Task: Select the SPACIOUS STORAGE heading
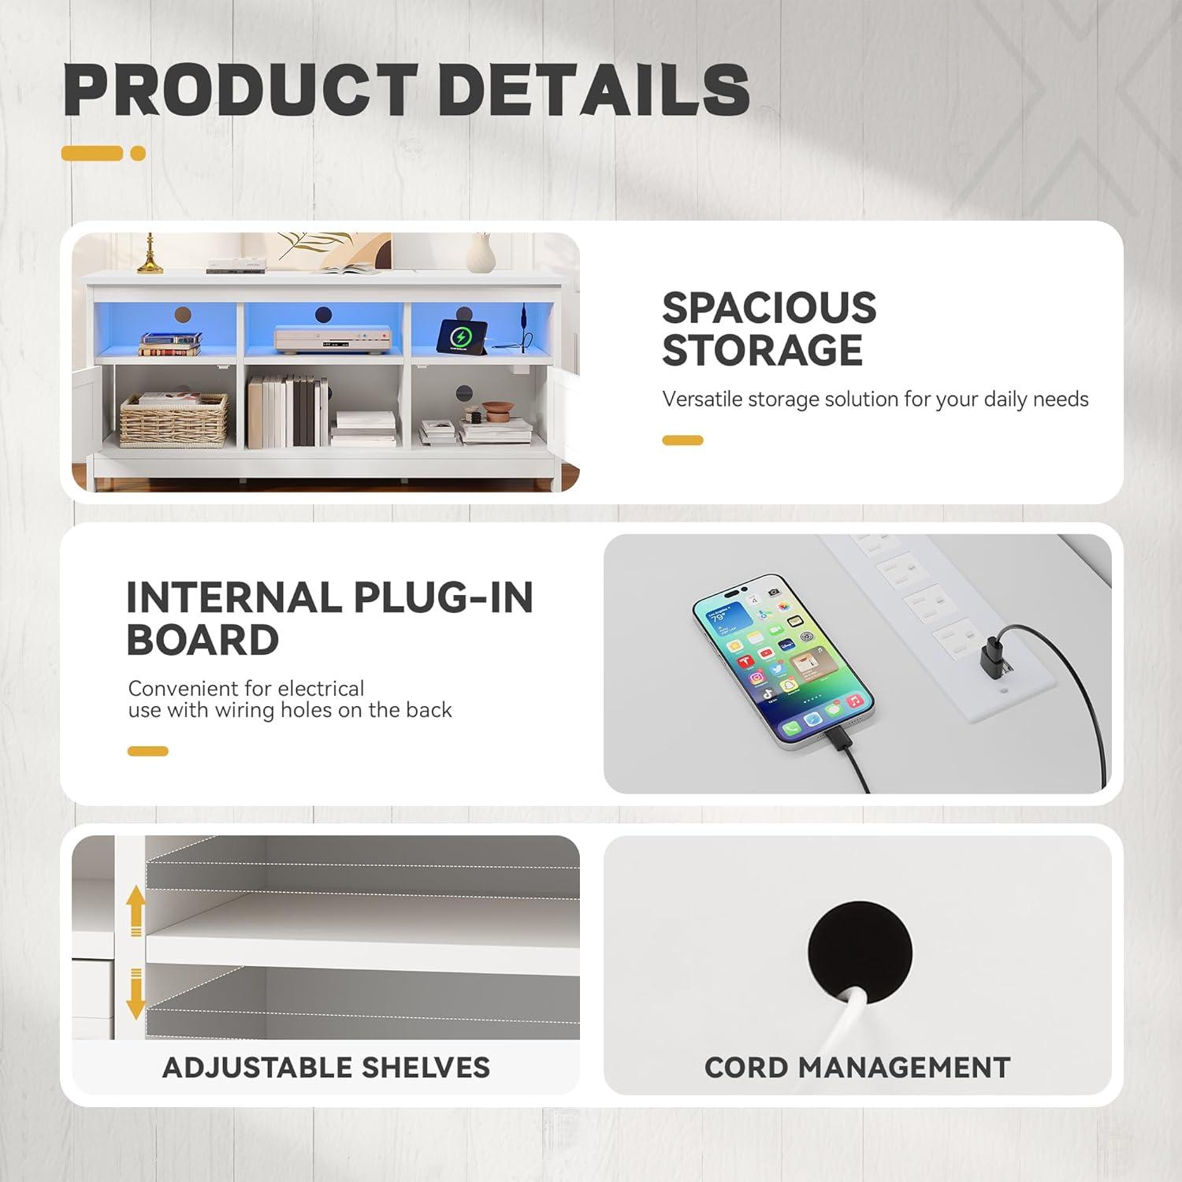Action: click(769, 329)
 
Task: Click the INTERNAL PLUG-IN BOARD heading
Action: click(329, 619)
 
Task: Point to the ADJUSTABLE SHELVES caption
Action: click(326, 1068)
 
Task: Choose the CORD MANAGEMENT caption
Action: click(857, 1068)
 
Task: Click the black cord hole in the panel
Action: click(860, 954)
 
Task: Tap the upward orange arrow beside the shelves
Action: click(136, 911)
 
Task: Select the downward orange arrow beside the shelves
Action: click(136, 994)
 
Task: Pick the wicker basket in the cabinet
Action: click(173, 421)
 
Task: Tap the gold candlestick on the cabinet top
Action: click(150, 253)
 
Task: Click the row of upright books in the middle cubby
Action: click(287, 411)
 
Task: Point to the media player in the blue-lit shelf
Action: click(323, 339)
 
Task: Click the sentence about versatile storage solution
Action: click(875, 400)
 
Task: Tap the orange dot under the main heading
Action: click(138, 154)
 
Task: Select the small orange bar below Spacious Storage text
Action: click(682, 440)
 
